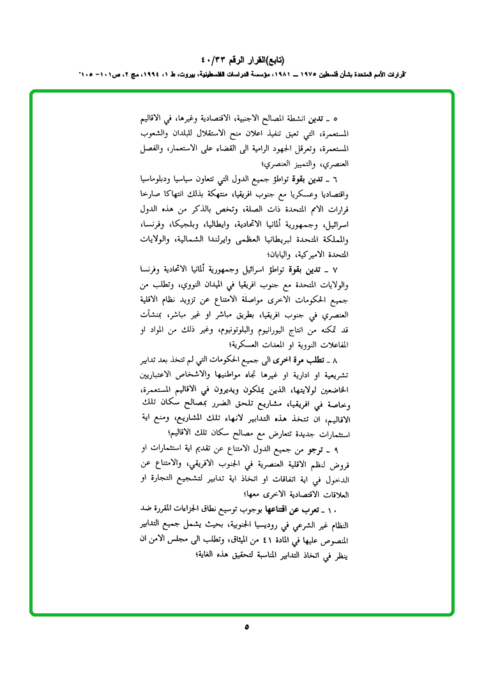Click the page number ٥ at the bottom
coord(246,627)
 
